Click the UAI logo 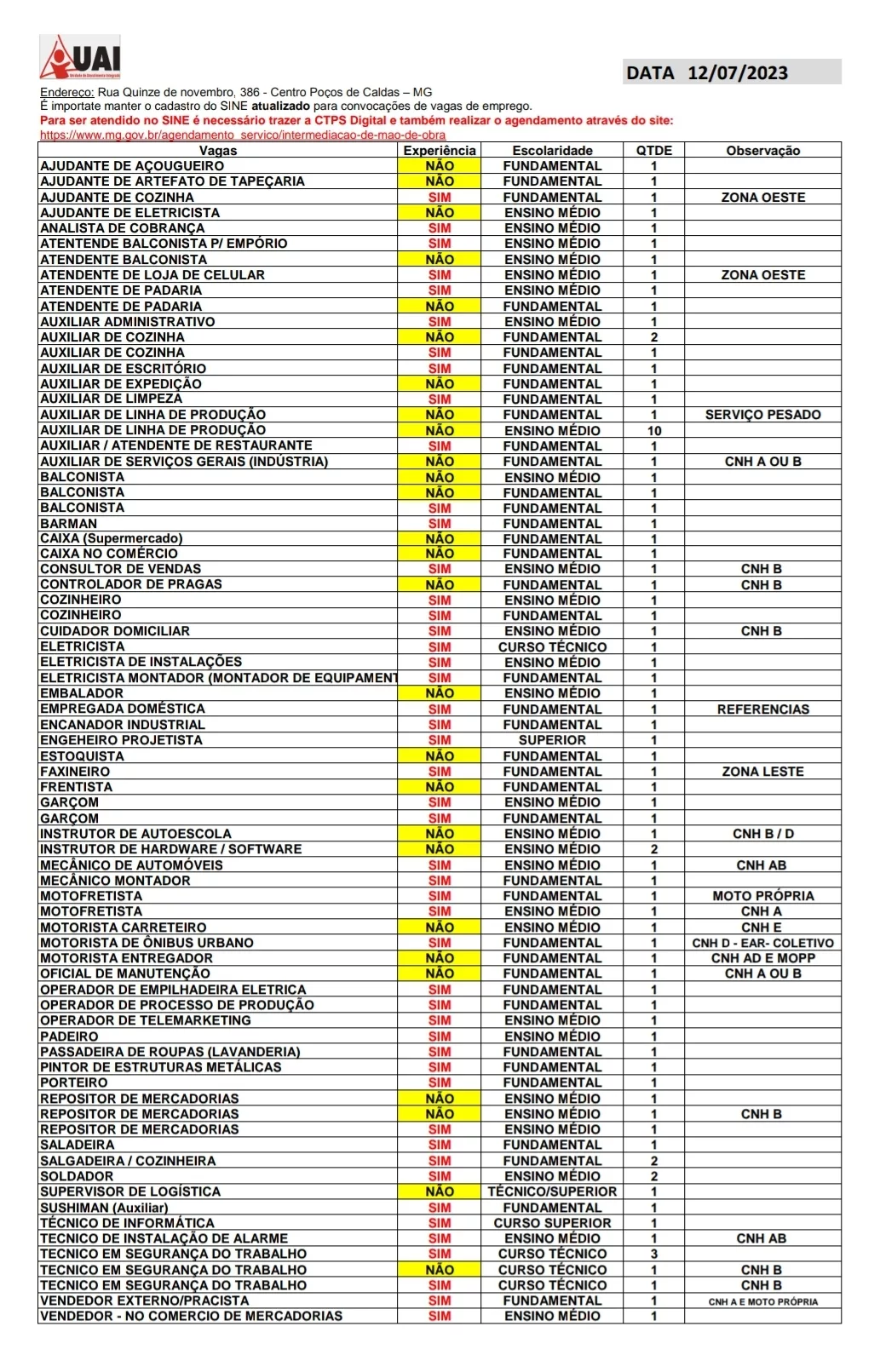80,57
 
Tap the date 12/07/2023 737,72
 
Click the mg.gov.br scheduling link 242,135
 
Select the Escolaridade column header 552,150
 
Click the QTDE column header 653,150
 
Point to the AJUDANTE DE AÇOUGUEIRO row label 132,166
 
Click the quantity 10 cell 653,431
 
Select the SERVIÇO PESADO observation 762,415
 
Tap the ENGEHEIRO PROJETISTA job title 121,740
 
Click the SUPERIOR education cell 552,740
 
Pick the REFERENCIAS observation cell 762,709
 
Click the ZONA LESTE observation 762,772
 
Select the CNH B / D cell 762,834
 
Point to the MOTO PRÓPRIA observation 762,896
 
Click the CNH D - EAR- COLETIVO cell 762,943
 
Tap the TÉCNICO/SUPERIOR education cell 552,1191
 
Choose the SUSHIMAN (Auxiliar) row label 104,1208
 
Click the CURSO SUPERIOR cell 552,1223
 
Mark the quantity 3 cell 653,1254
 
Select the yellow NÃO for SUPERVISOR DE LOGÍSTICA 440,1191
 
